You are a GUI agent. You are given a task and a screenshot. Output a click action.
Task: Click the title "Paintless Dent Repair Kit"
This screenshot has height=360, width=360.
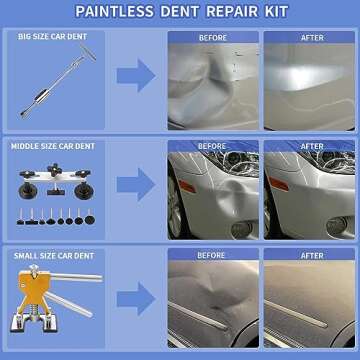point(180,11)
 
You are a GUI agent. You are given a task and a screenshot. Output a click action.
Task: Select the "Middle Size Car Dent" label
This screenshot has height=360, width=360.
point(57,145)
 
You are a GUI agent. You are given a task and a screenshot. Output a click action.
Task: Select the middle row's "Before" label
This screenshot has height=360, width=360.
point(212,146)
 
